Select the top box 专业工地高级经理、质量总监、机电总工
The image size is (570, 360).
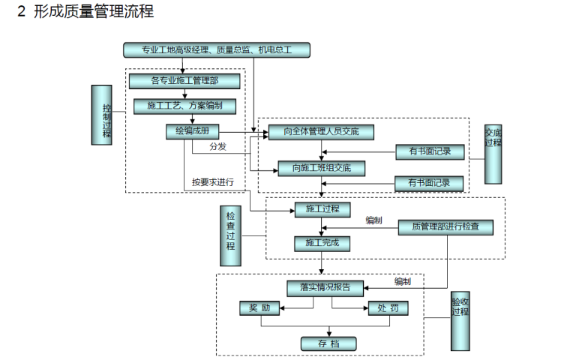[x=216, y=50]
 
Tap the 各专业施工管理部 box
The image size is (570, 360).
[x=184, y=80]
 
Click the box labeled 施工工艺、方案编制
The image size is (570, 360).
[x=184, y=106]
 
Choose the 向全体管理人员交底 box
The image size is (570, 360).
[x=321, y=132]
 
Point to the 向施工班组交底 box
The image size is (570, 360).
[x=321, y=167]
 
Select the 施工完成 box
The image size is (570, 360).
[x=321, y=242]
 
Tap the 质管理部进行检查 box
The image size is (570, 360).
[x=445, y=226]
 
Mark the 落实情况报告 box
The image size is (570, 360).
[x=324, y=287]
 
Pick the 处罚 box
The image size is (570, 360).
[x=388, y=308]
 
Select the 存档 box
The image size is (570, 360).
[x=328, y=343]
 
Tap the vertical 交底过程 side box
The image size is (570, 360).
[x=493, y=154]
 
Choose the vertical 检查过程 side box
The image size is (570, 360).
[x=230, y=235]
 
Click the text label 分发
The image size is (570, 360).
[x=217, y=147]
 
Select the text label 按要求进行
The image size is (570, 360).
[x=213, y=182]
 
